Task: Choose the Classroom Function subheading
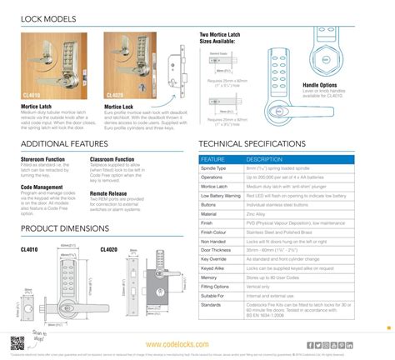point(112,158)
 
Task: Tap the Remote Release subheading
point(107,193)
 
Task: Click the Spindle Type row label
point(218,168)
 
